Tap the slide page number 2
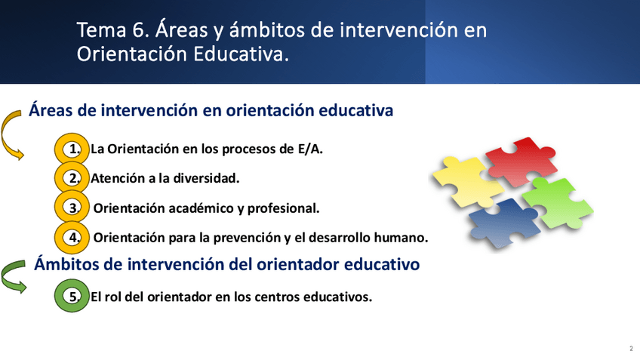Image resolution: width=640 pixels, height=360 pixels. (631, 349)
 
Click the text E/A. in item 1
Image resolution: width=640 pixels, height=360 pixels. (310, 149)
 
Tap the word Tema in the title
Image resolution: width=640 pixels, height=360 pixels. (102, 30)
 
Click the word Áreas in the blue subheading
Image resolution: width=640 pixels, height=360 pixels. (51, 110)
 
